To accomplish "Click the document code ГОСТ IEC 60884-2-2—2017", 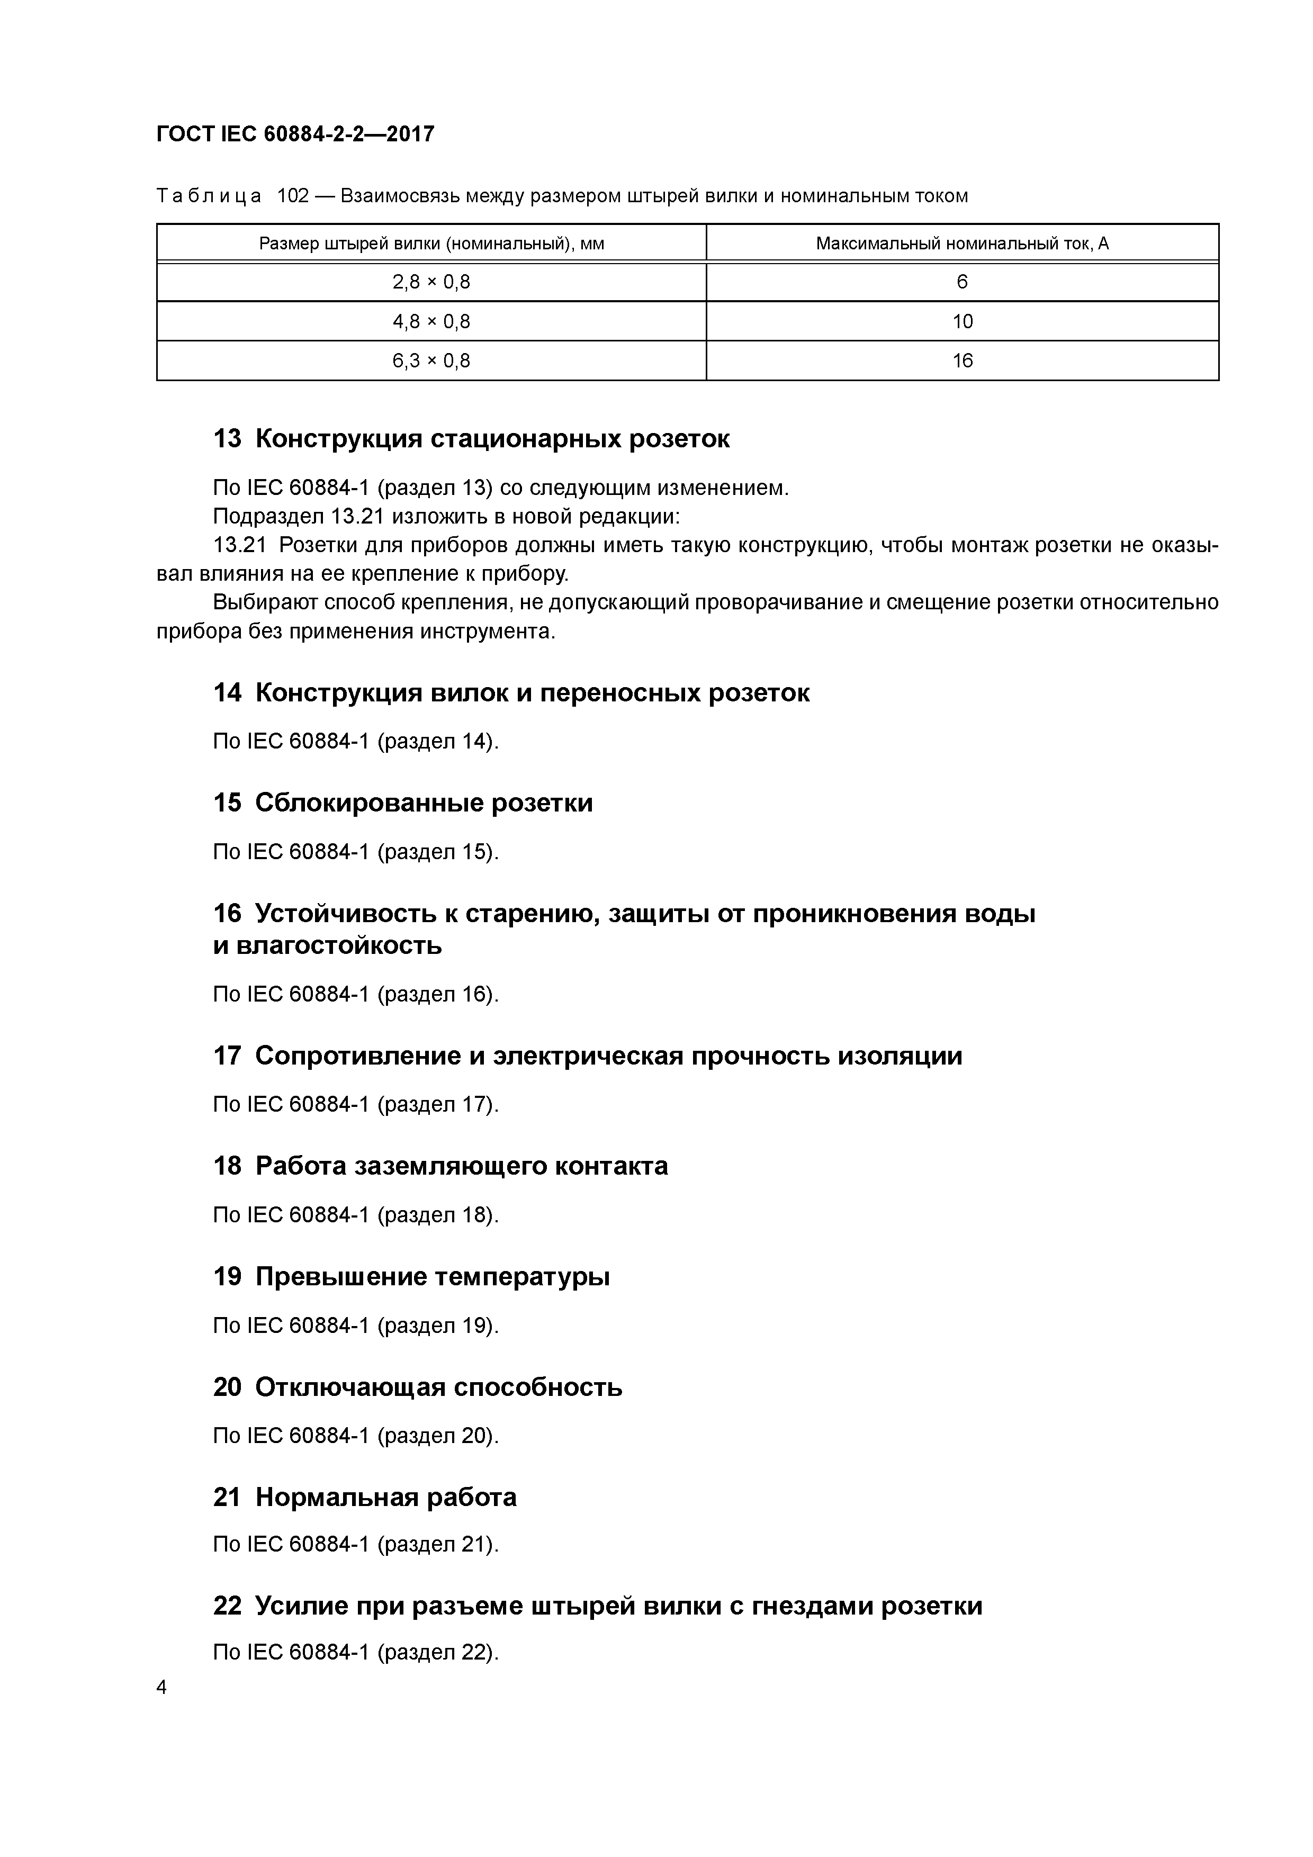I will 295,133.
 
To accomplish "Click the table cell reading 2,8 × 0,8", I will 431,282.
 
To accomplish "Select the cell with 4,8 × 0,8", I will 431,322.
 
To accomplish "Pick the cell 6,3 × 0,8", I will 431,360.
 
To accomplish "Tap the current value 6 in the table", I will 962,282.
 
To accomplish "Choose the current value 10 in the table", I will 962,322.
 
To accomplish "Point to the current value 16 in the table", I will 962,360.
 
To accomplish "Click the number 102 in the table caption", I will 294,196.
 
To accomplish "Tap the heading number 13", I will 227,439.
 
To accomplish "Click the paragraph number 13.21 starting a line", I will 239,545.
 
